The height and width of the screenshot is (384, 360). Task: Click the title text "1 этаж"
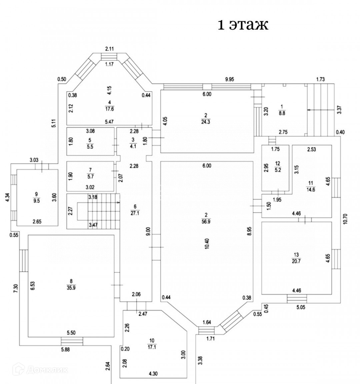[243, 25]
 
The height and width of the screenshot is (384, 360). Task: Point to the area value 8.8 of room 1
[282, 113]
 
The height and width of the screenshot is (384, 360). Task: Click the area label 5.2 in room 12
[278, 170]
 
